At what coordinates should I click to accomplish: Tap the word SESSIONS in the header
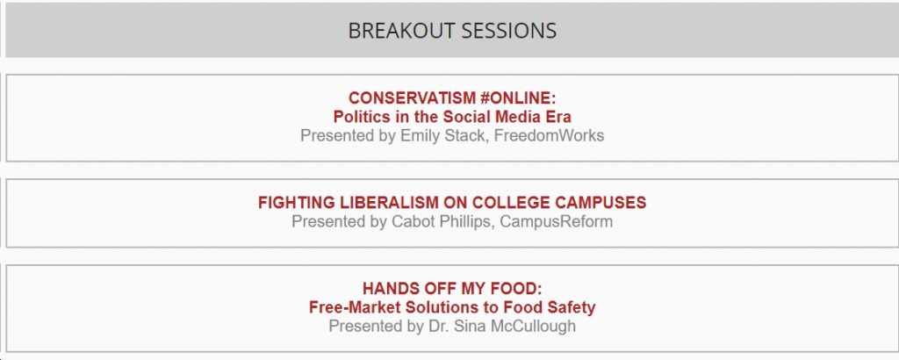[508, 31]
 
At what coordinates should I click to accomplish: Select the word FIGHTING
[296, 203]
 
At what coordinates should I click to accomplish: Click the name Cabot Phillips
[442, 222]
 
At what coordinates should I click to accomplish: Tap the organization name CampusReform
[556, 222]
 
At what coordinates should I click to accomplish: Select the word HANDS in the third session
[389, 289]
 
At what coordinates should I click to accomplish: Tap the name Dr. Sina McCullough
[501, 326]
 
